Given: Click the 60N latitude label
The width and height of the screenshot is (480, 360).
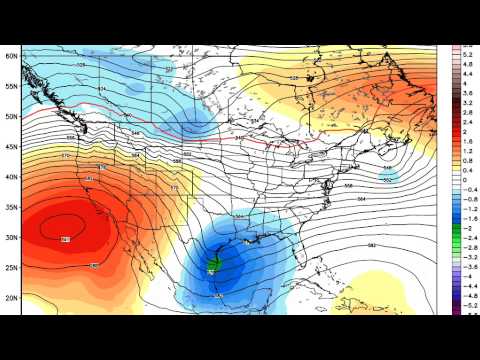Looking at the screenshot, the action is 11,56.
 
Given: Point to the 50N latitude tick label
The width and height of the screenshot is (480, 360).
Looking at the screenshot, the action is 11,117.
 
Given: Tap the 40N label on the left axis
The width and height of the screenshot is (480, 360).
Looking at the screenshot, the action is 11,177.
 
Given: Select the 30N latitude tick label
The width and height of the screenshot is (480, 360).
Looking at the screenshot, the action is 11,237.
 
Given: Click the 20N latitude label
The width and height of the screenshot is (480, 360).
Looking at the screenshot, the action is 11,297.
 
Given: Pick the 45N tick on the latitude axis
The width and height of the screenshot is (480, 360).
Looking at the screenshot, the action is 11,147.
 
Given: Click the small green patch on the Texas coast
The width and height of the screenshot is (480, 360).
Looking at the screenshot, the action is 213,266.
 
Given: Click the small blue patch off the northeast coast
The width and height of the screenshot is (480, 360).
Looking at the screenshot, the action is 393,176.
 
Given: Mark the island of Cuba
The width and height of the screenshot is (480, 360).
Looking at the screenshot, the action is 325,291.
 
